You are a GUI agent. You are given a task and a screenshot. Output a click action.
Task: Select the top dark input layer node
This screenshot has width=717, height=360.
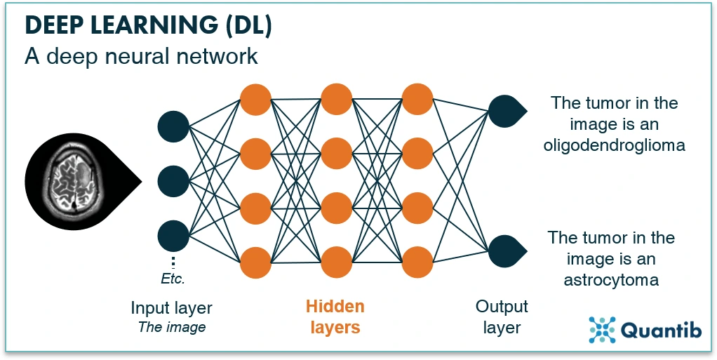173,127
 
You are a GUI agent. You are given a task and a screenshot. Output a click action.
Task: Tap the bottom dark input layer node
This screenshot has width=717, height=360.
173,235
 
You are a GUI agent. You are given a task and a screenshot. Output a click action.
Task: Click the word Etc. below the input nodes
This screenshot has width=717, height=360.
173,279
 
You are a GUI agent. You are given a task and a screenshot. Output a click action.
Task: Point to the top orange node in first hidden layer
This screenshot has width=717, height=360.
255,99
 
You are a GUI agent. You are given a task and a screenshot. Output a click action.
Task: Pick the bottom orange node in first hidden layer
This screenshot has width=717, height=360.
255,262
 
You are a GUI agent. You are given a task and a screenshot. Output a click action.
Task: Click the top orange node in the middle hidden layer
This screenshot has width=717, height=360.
336,99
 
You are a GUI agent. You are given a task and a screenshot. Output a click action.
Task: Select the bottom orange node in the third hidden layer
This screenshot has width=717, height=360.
417,262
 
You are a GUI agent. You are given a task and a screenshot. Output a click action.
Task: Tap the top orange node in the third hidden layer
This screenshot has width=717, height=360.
417,99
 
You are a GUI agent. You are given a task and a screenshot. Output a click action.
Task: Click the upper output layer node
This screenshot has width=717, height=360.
504,111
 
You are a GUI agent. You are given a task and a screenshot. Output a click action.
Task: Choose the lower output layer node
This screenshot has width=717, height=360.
504,251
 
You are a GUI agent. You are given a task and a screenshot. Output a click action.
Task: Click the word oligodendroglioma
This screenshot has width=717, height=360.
614,145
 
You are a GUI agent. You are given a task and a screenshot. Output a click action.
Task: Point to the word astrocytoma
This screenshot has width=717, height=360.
611,281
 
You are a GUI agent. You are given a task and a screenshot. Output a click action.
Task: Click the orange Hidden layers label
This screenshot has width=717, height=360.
335,316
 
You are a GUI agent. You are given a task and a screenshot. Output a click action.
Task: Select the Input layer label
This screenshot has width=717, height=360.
171,308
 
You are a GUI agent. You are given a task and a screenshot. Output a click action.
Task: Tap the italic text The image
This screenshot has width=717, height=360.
171,326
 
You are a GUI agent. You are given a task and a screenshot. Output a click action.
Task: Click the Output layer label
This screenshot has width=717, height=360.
502,316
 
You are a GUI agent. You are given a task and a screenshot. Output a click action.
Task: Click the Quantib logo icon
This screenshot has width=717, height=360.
602,330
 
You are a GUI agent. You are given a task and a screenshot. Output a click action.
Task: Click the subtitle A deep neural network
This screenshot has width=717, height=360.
141,56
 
